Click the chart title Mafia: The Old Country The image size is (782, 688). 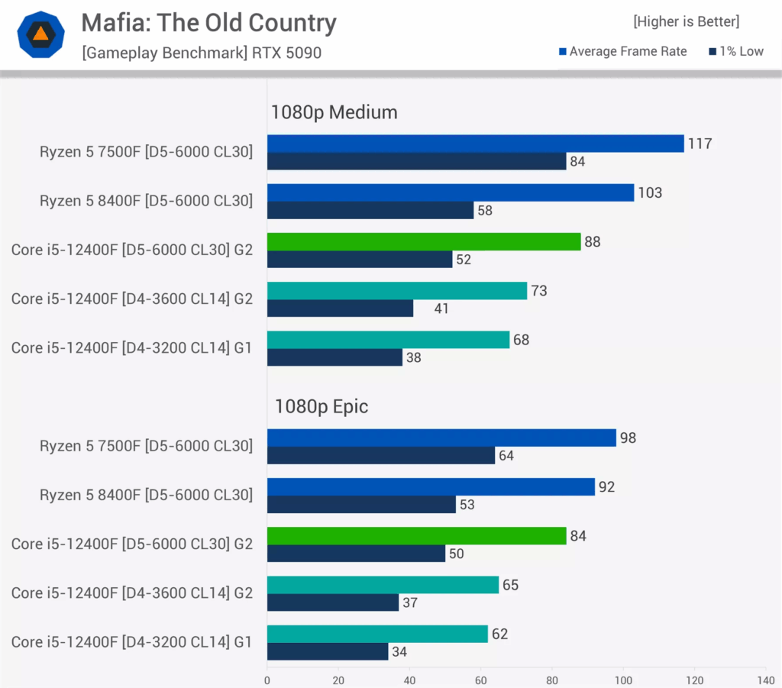coord(208,23)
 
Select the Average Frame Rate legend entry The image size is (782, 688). coord(623,51)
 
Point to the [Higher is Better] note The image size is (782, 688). coord(686,22)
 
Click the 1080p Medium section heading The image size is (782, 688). coord(334,112)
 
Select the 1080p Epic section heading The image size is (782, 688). coord(321,406)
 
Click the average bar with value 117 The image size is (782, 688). coord(475,144)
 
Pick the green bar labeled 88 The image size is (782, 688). coord(424,242)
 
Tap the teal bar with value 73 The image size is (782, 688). coord(397,291)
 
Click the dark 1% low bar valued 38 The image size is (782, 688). coord(334,357)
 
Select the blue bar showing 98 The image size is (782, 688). coord(441,438)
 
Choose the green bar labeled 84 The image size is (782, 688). coord(416,536)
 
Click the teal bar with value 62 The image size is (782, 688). coord(377,634)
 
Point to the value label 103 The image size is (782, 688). coord(650,192)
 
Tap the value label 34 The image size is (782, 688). coord(400,652)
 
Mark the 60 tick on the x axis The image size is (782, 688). coord(481,679)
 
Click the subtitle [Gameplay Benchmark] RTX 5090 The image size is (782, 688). coord(202,53)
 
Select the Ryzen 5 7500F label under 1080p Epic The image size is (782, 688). coord(146,446)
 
